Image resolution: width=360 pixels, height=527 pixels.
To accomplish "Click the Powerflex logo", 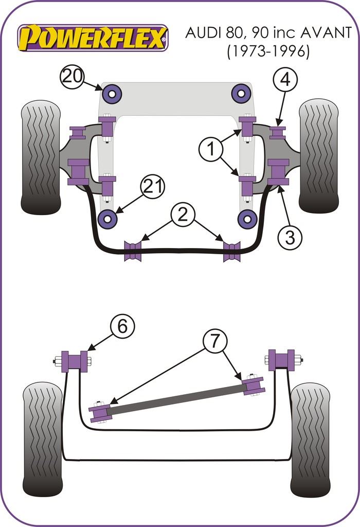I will click(x=93, y=38).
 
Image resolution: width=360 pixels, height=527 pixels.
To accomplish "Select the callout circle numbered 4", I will click(x=287, y=80).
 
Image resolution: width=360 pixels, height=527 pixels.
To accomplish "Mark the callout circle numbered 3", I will click(x=290, y=237).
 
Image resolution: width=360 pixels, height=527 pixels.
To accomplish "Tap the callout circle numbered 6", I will click(x=121, y=326).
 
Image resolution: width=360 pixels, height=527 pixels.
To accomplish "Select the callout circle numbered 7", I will click(x=214, y=341).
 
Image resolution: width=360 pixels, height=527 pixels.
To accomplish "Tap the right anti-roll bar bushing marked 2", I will click(x=232, y=251).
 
